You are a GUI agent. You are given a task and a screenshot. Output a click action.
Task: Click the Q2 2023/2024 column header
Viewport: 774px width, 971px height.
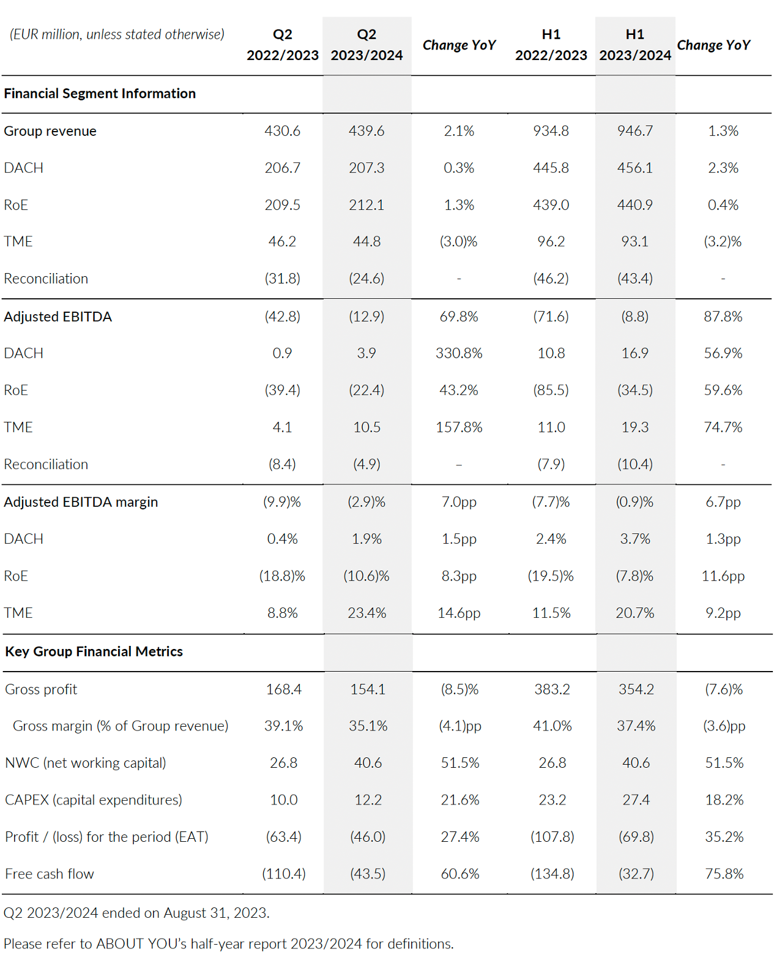367,45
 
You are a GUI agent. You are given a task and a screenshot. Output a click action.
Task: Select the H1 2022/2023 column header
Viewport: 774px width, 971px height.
551,45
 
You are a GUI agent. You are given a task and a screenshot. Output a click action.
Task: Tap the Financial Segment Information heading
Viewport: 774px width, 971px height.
100,94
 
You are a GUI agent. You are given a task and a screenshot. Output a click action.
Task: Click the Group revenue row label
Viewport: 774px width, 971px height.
50,131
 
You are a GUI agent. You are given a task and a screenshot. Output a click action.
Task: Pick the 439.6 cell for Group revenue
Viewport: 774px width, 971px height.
367,131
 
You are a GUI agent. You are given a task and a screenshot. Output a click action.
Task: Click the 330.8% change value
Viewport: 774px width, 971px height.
459,353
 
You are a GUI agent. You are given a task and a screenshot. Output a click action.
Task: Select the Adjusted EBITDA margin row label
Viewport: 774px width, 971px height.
81,502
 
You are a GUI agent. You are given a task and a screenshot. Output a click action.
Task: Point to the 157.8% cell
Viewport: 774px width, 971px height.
459,427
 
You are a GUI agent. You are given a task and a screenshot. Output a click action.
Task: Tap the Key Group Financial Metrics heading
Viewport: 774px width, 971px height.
94,651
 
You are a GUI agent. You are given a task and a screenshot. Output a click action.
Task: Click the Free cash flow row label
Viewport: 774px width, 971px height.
50,874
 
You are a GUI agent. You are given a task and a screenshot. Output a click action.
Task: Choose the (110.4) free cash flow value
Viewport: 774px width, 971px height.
284,874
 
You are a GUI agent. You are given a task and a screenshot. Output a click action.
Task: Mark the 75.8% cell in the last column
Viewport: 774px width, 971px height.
724,874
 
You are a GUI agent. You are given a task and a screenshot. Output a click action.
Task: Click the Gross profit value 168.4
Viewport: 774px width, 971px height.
284,689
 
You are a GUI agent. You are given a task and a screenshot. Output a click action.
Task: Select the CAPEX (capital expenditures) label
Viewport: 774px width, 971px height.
94,800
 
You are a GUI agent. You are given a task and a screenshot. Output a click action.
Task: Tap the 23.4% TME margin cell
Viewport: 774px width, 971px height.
367,613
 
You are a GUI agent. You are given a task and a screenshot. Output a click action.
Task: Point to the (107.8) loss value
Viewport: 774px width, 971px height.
552,837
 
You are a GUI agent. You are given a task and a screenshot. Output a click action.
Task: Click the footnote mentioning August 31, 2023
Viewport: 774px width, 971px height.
136,913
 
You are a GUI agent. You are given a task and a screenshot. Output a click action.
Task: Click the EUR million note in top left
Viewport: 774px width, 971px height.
117,34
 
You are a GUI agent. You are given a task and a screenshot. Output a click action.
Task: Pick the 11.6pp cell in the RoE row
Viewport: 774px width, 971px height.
723,576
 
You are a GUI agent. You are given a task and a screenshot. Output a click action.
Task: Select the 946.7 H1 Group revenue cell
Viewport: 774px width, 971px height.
635,131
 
